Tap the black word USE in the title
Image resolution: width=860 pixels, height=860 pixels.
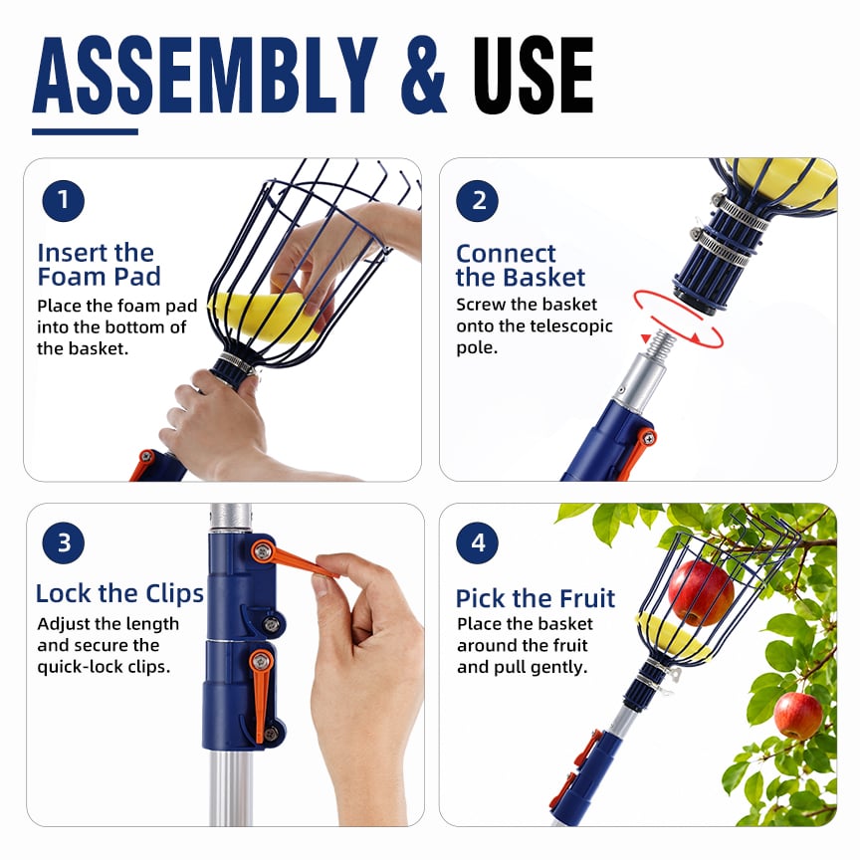tap(534, 75)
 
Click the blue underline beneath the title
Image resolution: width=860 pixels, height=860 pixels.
tap(85, 131)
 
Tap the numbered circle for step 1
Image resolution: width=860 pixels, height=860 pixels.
tap(63, 201)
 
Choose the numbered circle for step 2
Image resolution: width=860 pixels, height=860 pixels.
tap(477, 201)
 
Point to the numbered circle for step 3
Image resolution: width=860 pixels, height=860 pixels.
tap(63, 543)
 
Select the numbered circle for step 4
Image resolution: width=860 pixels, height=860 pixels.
tap(477, 543)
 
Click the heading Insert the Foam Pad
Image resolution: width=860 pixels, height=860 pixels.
tap(99, 265)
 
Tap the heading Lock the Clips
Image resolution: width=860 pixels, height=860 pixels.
tap(119, 594)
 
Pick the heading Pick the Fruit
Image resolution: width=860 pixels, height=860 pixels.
tap(536, 598)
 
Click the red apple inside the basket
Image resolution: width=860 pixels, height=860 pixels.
tap(701, 593)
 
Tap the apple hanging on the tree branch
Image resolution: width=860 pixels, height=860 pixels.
tap(798, 716)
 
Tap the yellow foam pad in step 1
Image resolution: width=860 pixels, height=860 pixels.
tap(263, 317)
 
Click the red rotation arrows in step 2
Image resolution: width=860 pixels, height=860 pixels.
tap(679, 321)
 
